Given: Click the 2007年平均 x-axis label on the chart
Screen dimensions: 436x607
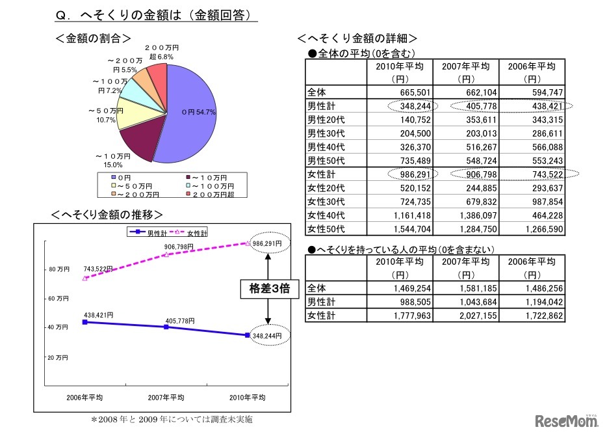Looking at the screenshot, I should click(x=166, y=397).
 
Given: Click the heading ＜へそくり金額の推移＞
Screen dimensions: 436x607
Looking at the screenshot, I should click(x=110, y=214).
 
